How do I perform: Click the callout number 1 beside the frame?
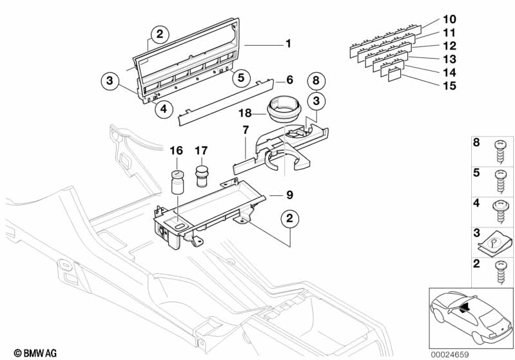coord(288,44)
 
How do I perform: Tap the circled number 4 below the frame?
coord(164,109)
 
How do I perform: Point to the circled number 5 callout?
coord(240,78)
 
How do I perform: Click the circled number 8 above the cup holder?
coord(315,82)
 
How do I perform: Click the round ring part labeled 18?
coord(284,109)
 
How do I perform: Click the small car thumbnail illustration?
coord(470,317)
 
